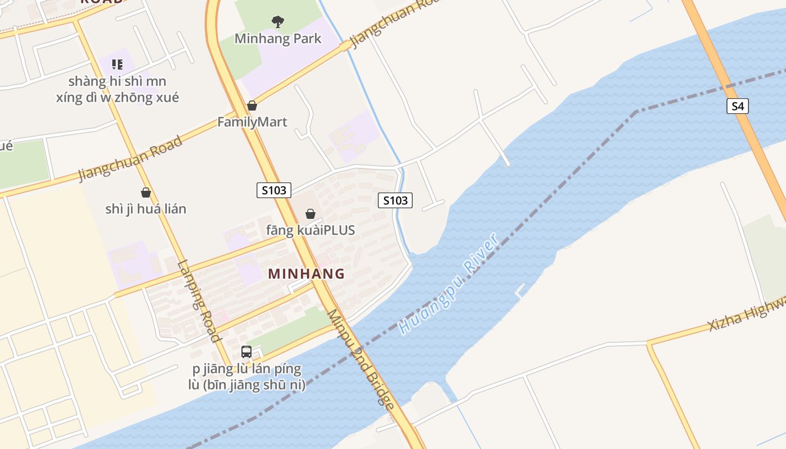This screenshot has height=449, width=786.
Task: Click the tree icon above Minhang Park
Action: (277, 22)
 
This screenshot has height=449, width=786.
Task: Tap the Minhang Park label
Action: (278, 39)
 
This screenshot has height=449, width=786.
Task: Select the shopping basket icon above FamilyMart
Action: (252, 106)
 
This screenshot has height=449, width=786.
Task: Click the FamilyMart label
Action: (252, 122)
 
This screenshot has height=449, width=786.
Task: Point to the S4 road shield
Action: (738, 106)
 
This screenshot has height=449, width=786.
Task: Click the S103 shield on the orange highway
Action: (274, 190)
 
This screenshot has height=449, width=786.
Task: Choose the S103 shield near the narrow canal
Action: (395, 200)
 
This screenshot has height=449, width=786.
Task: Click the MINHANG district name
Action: (306, 274)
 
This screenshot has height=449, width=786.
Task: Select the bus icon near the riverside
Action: (246, 352)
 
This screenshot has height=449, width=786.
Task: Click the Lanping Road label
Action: (199, 301)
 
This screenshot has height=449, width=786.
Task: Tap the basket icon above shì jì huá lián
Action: (146, 193)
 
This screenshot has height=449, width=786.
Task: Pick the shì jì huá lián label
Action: (146, 209)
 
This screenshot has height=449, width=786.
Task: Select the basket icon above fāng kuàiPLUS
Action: (310, 214)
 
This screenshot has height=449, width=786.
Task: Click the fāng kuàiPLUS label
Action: (310, 230)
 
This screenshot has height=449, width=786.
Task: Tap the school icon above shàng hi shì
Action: (117, 65)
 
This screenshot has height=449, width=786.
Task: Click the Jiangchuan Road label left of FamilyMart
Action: (131, 158)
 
